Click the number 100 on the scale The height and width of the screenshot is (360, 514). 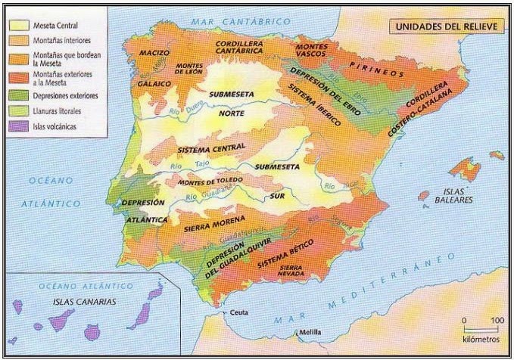tap(496, 320)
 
